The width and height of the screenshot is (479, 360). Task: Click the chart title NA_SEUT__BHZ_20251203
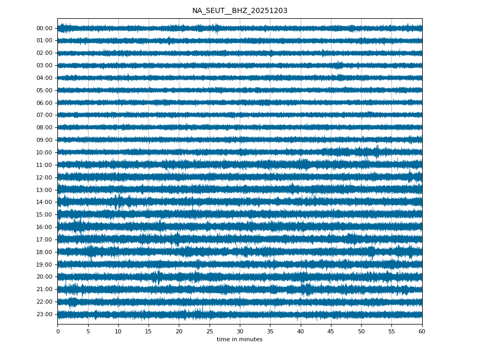coord(240,10)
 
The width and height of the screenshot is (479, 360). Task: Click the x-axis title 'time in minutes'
coord(240,340)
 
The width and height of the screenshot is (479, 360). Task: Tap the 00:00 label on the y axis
coord(44,28)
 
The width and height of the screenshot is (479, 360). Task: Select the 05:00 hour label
coord(44,90)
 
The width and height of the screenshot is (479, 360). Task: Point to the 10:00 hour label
coord(44,152)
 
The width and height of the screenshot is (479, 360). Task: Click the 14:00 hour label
coord(44,202)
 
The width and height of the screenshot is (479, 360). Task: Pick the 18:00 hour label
coord(44,252)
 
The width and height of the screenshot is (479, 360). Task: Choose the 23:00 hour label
coord(44,314)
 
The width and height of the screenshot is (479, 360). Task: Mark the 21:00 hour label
coord(44,289)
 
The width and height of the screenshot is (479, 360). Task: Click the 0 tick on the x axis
coord(58,331)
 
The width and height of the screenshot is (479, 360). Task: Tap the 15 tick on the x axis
coord(149,331)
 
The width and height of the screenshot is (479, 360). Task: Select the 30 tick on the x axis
coord(240,331)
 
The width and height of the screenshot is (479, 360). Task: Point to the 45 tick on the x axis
coord(331,331)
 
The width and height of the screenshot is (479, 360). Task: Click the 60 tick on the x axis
coord(422,331)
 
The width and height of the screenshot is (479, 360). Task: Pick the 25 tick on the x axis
coord(210,331)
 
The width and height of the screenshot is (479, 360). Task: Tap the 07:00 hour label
coord(44,115)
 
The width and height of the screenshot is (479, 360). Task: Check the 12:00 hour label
coord(44,177)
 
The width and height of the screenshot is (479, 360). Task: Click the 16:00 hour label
coord(44,227)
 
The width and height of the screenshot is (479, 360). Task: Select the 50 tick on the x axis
coord(361,331)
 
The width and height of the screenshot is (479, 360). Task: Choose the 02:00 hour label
coord(44,53)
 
